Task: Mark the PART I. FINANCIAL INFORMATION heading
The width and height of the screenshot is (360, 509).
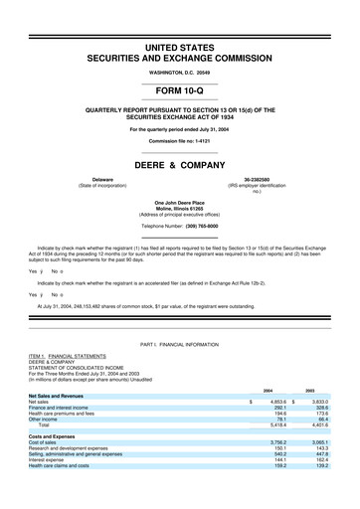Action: [x=180, y=343]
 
